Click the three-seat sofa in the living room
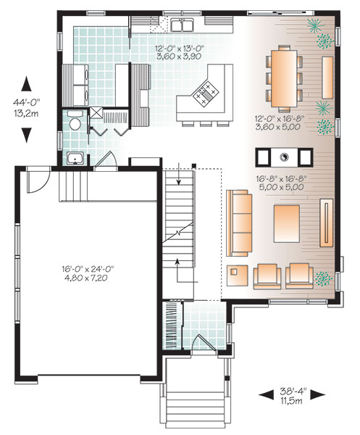click(238, 223)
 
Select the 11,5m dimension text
click(293, 404)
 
